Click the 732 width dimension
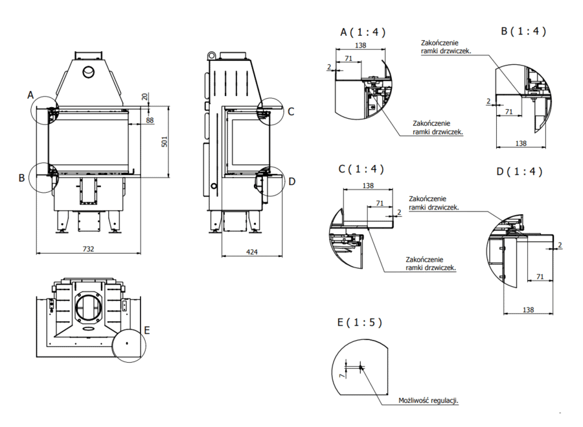(89, 249)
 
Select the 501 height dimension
(165, 141)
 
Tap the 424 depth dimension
(251, 250)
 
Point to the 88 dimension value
(150, 120)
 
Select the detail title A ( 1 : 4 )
(363, 32)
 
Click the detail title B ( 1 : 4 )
(523, 30)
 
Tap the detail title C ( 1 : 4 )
(361, 169)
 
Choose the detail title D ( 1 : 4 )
(519, 172)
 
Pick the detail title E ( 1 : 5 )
(360, 322)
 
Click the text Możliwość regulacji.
(429, 400)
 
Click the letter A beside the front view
(30, 95)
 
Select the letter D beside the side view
(291, 181)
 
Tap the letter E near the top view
(147, 330)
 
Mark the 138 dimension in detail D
(528, 310)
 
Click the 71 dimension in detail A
(349, 58)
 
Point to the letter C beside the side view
(291, 111)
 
